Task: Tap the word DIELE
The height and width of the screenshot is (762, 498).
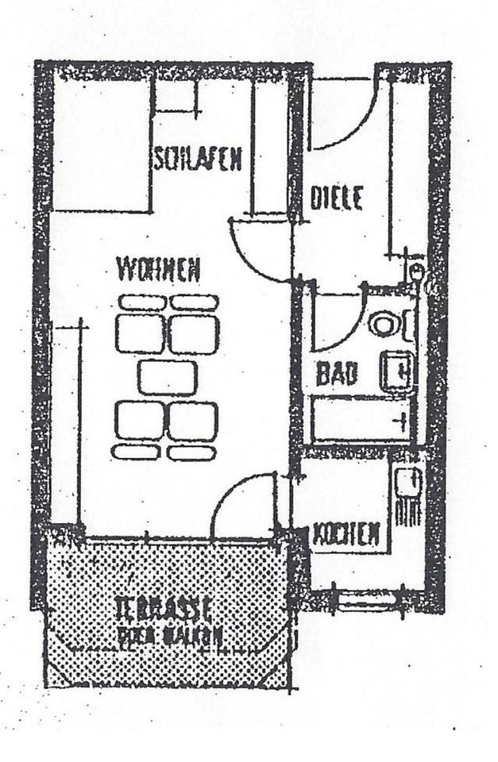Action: click(x=337, y=198)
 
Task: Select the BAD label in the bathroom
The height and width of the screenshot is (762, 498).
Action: click(x=336, y=374)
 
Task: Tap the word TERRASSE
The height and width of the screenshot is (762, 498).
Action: click(x=163, y=609)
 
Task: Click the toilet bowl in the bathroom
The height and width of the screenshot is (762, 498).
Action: click(x=384, y=324)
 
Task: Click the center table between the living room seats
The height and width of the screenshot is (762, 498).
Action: click(x=167, y=378)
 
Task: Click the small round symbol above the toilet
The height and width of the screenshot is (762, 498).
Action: click(x=417, y=273)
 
